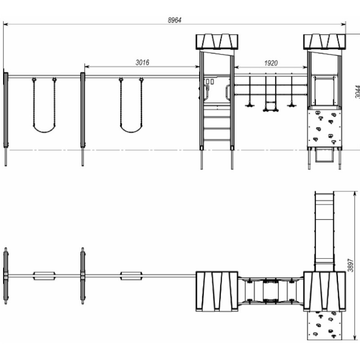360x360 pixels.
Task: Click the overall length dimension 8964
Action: point(175,20)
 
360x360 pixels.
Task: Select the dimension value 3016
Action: point(142,63)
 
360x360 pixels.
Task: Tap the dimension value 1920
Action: point(271,63)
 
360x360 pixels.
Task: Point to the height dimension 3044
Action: point(357,92)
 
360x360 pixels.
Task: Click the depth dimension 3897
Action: point(350,265)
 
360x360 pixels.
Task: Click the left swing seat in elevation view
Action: point(44,129)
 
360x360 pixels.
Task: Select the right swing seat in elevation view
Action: point(131,129)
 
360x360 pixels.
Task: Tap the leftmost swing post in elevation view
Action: point(6,119)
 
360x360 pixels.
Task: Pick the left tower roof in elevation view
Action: point(217,42)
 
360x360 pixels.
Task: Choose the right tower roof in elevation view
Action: point(324,42)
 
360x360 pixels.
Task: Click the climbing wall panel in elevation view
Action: point(324,128)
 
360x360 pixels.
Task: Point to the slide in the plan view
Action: point(324,231)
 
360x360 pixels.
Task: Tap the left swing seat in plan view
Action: point(44,276)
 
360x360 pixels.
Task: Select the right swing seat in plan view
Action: point(131,276)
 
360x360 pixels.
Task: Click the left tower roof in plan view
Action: point(217,291)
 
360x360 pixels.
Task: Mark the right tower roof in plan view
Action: point(324,291)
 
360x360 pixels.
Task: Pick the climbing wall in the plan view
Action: point(324,325)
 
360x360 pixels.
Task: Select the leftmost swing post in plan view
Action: point(6,276)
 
